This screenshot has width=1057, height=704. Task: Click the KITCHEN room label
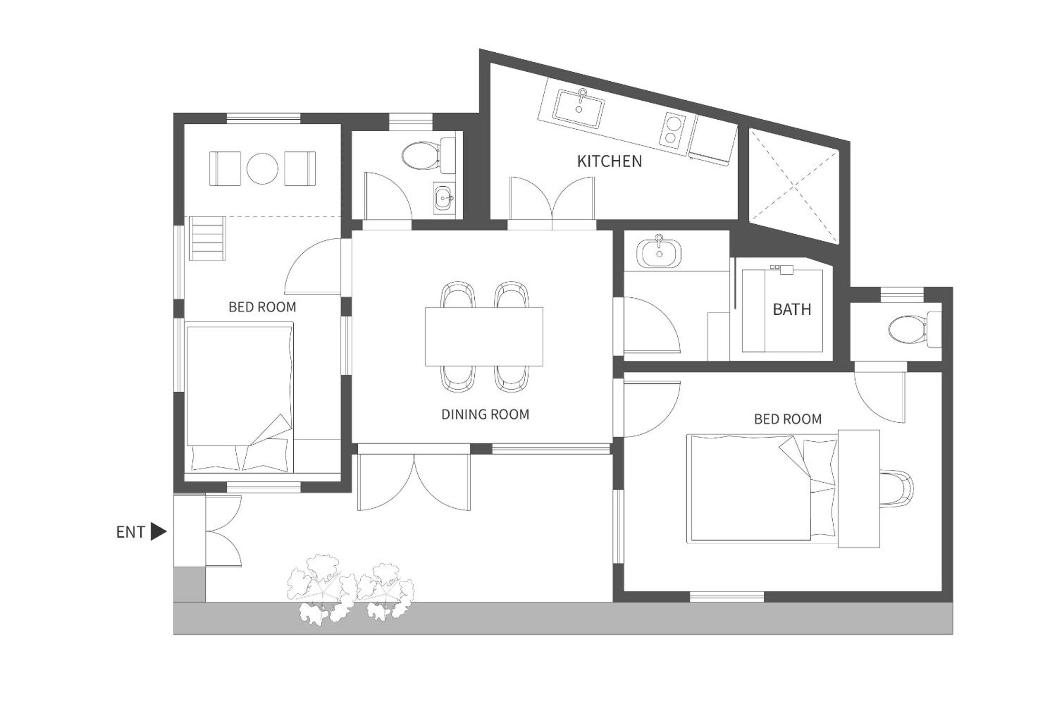coord(609,161)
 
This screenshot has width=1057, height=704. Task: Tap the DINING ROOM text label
coord(485,414)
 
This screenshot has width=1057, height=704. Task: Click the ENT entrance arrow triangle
coord(158,532)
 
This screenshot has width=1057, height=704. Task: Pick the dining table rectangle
coord(484,336)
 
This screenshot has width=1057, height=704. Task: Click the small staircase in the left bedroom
coord(207,238)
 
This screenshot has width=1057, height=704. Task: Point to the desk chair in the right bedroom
coord(897,488)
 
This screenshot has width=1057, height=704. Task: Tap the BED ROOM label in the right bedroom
coord(788,419)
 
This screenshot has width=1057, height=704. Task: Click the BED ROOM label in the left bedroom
coord(262,307)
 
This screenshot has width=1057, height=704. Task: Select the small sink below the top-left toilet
coord(444,197)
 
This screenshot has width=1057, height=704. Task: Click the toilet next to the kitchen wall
coord(428,155)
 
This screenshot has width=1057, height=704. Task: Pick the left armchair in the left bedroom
coord(225,168)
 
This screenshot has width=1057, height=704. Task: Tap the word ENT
coord(130,532)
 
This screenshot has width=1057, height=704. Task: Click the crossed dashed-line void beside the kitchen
coord(794,186)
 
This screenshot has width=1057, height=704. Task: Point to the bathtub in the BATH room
coord(782,310)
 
